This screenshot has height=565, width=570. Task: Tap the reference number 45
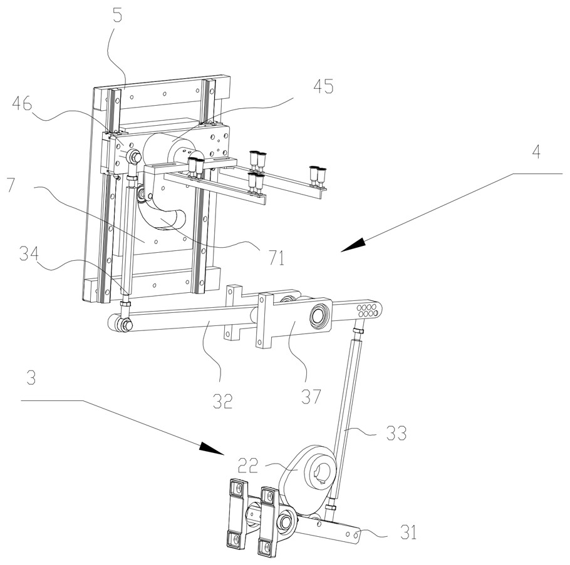(323, 87)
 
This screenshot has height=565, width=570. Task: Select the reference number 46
(22, 104)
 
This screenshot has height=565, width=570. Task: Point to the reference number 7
(11, 185)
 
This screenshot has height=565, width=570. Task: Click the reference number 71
(276, 258)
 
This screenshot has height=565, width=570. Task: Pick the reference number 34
(29, 254)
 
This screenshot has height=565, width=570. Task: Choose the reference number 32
(222, 401)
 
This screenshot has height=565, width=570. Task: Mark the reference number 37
(311, 397)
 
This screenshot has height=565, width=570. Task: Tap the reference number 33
(396, 433)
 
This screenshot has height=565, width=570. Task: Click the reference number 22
(248, 466)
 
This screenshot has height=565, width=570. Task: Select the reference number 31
(408, 532)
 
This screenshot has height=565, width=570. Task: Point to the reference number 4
(536, 151)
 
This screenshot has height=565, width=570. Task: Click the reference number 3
(31, 378)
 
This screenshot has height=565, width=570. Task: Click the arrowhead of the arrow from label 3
(212, 449)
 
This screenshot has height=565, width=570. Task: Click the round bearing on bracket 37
(318, 312)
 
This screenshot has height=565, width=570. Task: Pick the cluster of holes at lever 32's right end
(368, 310)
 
